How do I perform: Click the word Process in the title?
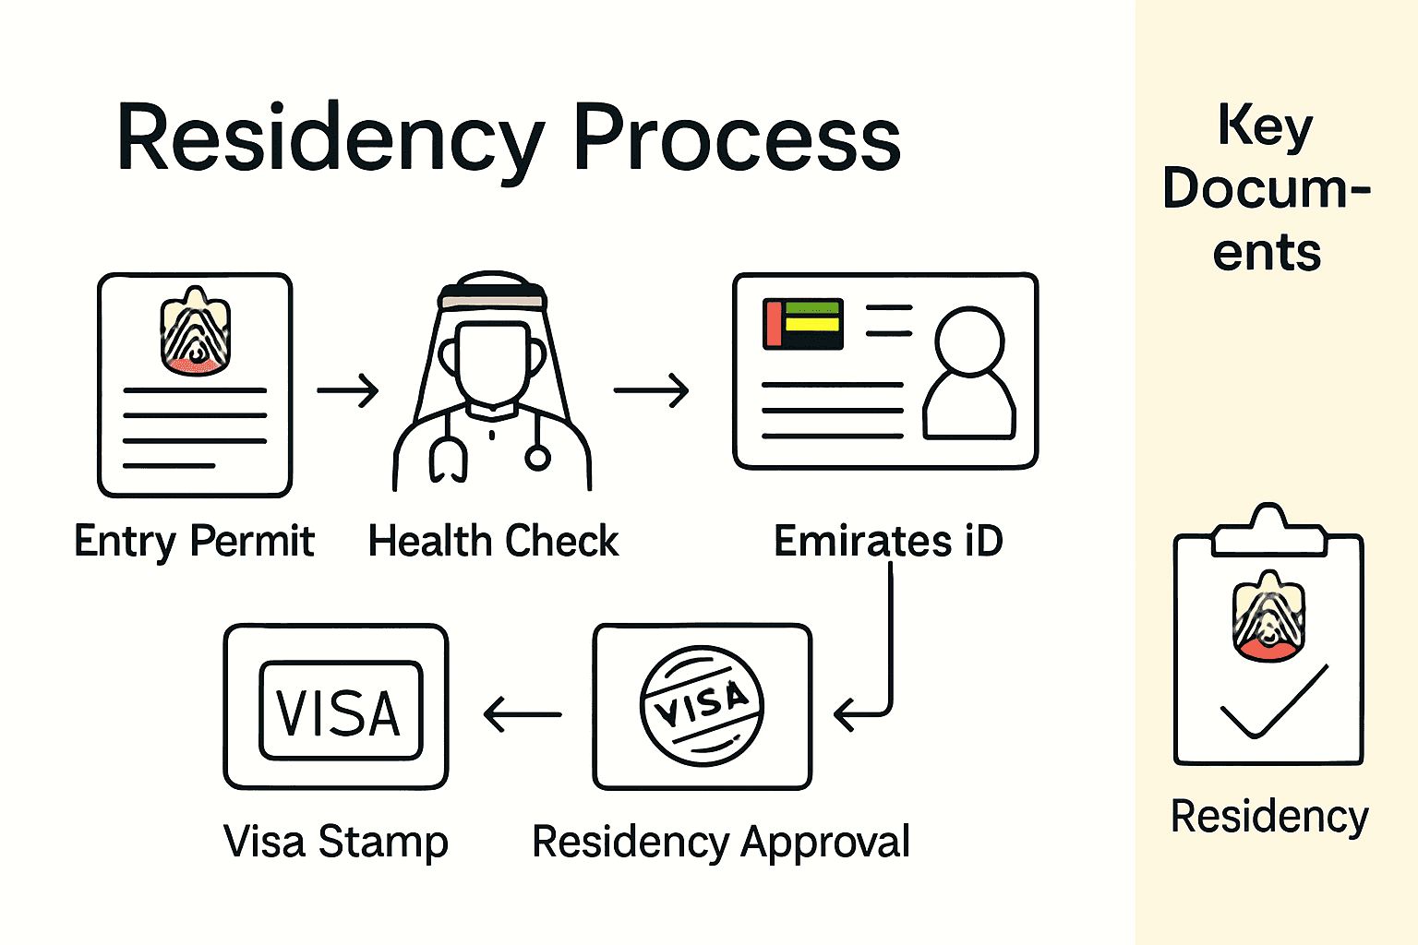pos(736,138)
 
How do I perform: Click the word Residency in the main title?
pos(330,138)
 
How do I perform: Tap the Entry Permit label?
pos(194,541)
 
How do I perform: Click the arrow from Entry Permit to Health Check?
pos(347,390)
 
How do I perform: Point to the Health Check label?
pos(493,541)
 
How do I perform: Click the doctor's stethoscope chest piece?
pos(537,456)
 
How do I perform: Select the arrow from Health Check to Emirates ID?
pos(651,390)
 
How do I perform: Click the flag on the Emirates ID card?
pos(803,324)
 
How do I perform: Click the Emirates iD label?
pos(888,541)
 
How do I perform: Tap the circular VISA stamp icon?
pos(702,706)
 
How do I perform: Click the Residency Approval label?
pos(721,842)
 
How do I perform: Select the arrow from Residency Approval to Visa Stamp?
pos(523,714)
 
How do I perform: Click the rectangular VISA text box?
pos(340,711)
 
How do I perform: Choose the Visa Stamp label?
pos(336,842)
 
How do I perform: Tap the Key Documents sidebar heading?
pos(1267,188)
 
